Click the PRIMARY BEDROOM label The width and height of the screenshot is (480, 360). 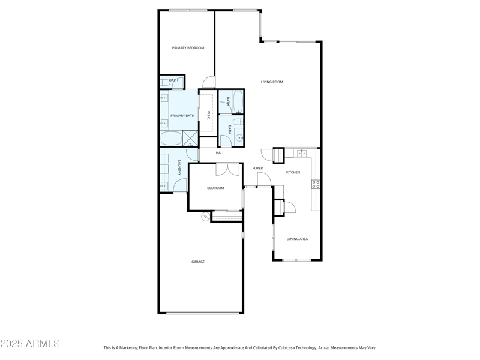(188, 48)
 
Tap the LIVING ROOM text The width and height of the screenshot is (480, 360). (272, 82)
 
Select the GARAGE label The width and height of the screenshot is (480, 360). (198, 262)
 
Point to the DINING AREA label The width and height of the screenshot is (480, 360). (297, 239)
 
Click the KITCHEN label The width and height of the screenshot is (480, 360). (293, 172)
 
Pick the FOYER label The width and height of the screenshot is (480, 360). (257, 168)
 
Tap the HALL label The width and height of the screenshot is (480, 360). (220, 153)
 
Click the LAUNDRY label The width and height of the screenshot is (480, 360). (179, 168)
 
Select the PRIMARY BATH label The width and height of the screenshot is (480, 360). (182, 116)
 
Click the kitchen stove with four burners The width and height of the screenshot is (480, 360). (316, 184)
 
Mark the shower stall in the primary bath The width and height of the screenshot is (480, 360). (190, 139)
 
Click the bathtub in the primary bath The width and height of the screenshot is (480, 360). (171, 139)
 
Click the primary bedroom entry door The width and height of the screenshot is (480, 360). (209, 83)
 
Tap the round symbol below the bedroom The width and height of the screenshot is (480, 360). (206, 217)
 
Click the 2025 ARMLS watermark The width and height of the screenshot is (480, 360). (30, 344)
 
